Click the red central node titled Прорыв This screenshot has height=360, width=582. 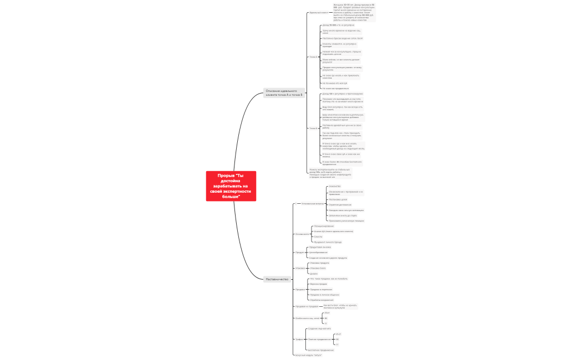(231, 186)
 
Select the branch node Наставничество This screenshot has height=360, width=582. (277, 279)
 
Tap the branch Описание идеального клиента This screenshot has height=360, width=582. (284, 92)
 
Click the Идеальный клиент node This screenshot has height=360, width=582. (319, 12)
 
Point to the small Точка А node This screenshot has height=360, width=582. (313, 56)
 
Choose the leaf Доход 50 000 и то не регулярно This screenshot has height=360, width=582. (338, 25)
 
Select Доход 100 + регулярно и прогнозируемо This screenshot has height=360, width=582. (343, 94)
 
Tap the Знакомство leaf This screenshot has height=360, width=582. (335, 186)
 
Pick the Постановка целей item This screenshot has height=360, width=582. (338, 199)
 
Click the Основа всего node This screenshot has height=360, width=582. (302, 234)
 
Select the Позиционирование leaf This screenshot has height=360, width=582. (324, 226)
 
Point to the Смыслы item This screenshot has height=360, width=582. (318, 236)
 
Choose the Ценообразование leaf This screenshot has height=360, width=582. (318, 252)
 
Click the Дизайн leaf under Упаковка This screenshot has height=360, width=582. (314, 274)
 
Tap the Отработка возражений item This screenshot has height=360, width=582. (322, 300)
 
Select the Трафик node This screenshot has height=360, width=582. (299, 339)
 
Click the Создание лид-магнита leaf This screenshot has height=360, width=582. (320, 328)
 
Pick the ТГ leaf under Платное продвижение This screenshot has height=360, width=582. (337, 344)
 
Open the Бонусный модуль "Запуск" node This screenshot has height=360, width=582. (309, 355)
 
